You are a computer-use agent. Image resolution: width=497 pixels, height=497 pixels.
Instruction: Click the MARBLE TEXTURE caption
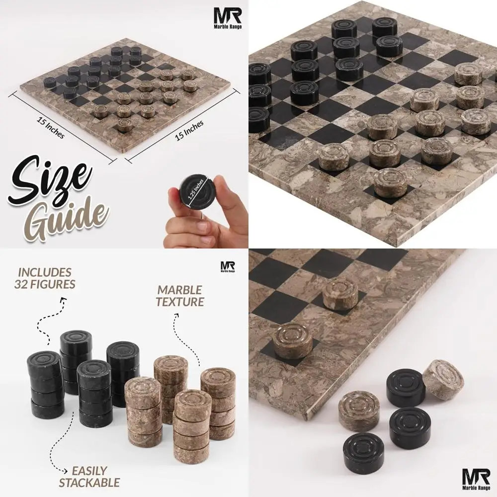[180, 296]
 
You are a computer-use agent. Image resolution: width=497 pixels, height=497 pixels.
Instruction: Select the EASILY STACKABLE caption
[89, 476]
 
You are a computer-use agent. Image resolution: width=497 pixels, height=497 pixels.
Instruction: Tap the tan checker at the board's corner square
[293, 339]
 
